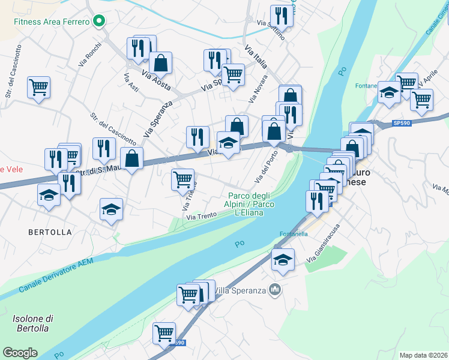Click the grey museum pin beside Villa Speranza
pos(275,290)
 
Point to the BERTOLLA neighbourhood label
pos(49,232)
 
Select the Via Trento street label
pos(200,217)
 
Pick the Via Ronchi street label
pos(90,55)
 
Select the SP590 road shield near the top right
pos(402,122)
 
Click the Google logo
pos(20,352)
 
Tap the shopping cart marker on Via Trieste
pos(182,179)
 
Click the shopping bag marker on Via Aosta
pos(161,62)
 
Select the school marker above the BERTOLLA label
pos(111,209)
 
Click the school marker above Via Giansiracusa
pos(283,259)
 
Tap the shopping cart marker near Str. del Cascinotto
pos(38,88)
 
